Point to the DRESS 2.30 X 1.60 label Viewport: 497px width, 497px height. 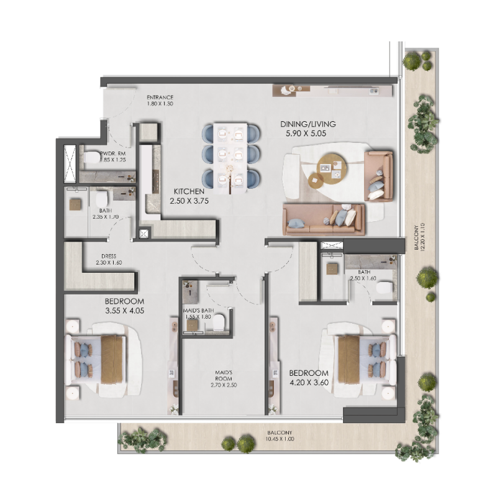[x=109, y=258]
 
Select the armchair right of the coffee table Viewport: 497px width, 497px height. [x=378, y=175]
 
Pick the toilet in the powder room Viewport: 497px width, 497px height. [x=91, y=158]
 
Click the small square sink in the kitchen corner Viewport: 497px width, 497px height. [x=145, y=234]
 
